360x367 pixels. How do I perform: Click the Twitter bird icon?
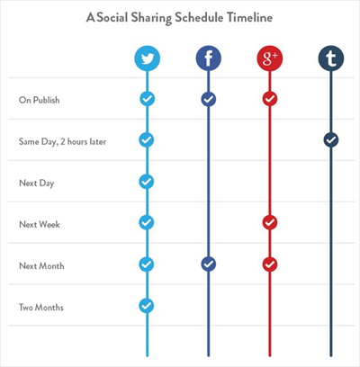click(147, 59)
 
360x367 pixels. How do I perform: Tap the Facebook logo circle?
click(208, 59)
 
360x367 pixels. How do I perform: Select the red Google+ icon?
click(269, 59)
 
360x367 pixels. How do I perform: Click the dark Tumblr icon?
click(330, 59)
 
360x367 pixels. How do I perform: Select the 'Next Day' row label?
click(35, 182)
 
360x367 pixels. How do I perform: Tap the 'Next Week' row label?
click(38, 223)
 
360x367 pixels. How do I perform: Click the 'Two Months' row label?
click(40, 307)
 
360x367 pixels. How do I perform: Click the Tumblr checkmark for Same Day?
click(330, 139)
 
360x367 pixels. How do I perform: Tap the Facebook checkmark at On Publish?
click(208, 98)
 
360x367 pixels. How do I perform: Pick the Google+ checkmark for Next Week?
click(269, 222)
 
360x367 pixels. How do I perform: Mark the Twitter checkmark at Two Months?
click(147, 306)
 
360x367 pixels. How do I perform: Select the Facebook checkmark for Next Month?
click(208, 264)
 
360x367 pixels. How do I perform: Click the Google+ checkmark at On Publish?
click(269, 98)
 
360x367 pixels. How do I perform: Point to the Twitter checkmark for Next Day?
click(147, 181)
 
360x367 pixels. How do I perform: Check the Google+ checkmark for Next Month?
click(269, 264)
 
